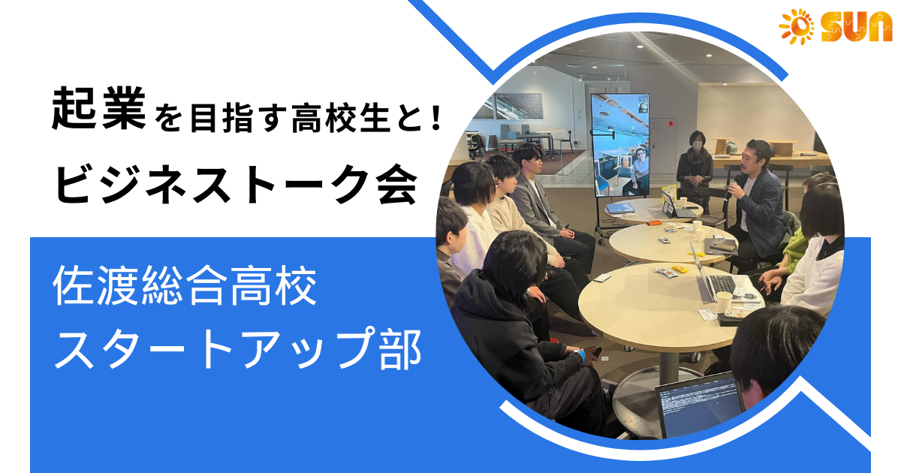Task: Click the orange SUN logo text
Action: click(857, 26)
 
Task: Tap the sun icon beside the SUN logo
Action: click(797, 26)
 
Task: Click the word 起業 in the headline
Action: click(99, 109)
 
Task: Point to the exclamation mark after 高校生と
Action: click(435, 116)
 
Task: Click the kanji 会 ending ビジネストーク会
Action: click(396, 185)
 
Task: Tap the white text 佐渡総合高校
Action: click(185, 285)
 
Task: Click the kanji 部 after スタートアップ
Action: click(401, 349)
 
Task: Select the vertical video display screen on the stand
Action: click(620, 145)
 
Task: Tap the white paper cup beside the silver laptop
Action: click(725, 302)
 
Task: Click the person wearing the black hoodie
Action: click(523, 334)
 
